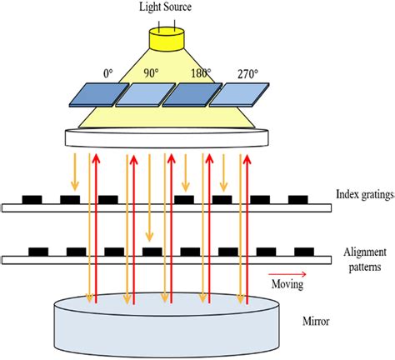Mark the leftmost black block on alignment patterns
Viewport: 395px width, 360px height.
click(x=38, y=251)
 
